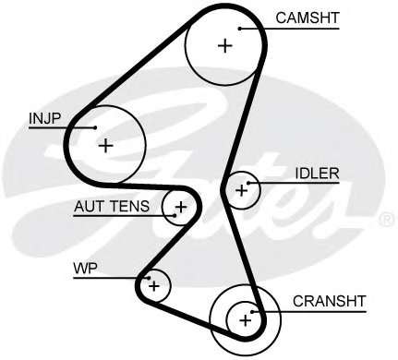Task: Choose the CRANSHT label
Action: [x=329, y=300]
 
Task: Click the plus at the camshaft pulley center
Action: [x=223, y=44]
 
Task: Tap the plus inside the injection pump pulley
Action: [x=105, y=144]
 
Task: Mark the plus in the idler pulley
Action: [x=242, y=190]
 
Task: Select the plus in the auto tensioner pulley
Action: [x=181, y=206]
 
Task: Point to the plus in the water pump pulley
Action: [x=154, y=286]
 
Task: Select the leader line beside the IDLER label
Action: [x=272, y=182]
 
